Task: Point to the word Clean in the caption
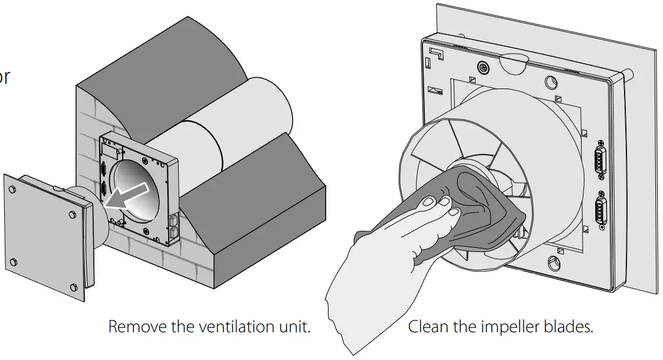click(x=427, y=326)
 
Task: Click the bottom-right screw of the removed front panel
click(x=73, y=287)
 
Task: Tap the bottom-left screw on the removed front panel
click(x=14, y=261)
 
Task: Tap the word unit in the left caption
click(x=294, y=326)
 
